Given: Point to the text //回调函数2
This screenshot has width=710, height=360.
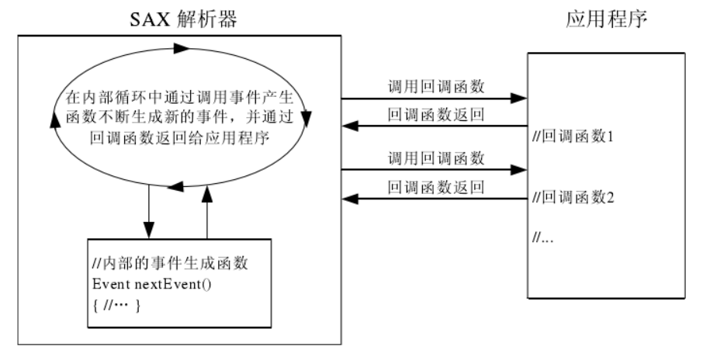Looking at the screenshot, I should pyautogui.click(x=573, y=197).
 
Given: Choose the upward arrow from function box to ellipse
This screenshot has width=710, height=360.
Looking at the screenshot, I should pyautogui.click(x=207, y=213).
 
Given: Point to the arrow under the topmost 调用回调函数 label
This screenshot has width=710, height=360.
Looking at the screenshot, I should pyautogui.click(x=435, y=99).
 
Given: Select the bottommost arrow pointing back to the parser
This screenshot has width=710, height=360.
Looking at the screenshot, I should pyautogui.click(x=435, y=199).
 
